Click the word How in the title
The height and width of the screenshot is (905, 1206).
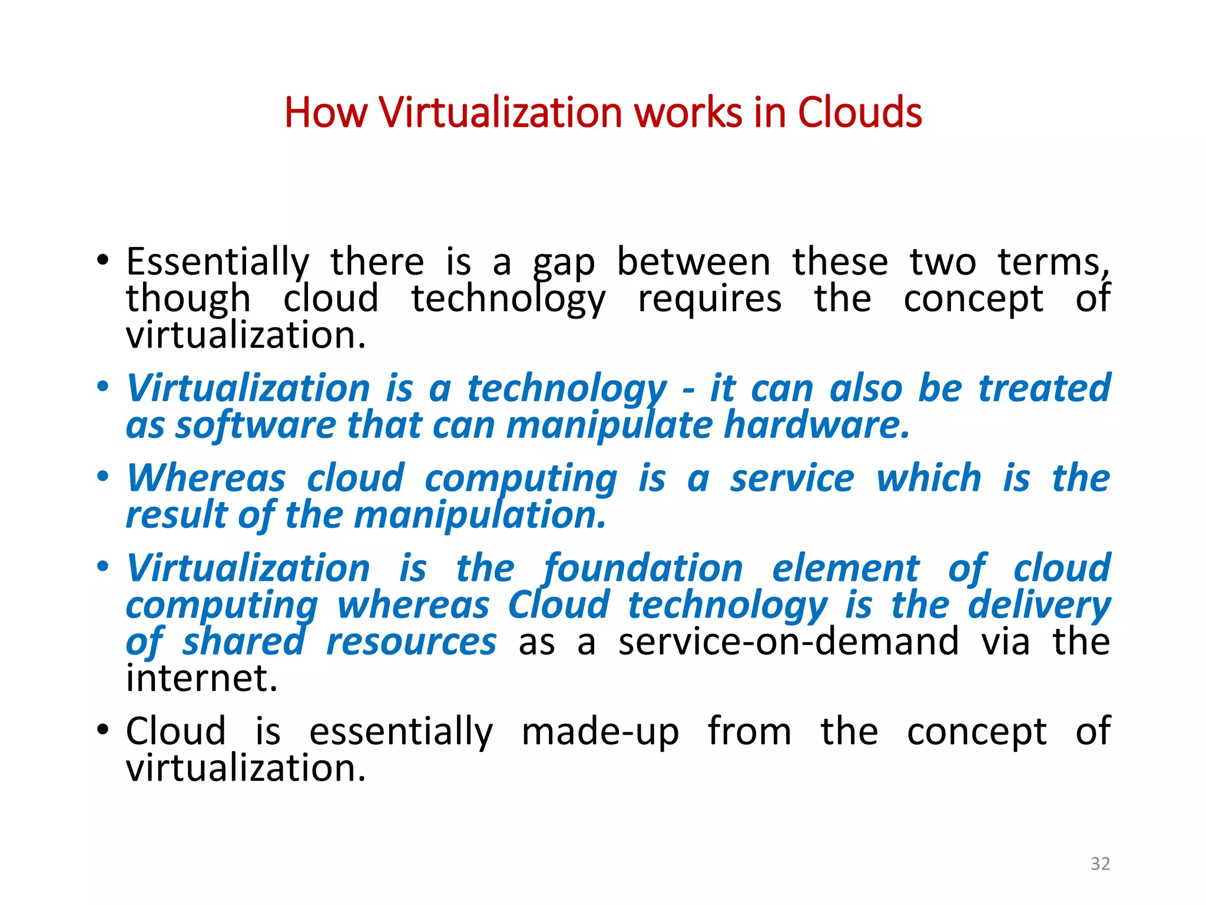[x=325, y=113]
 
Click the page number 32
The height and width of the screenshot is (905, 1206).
[x=1100, y=864]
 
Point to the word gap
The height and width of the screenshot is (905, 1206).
[x=564, y=263]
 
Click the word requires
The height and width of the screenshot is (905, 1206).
[x=710, y=299]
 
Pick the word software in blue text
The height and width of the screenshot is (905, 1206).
[x=256, y=425]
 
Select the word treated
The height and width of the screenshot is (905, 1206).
[x=1044, y=389]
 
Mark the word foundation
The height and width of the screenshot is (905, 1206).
[x=642, y=569]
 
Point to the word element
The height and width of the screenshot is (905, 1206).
[x=845, y=569]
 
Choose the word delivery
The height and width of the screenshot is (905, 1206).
[x=1039, y=606]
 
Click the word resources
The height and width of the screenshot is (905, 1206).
[x=411, y=642]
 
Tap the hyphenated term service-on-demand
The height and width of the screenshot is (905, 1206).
[x=788, y=642]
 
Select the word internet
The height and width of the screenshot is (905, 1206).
[x=201, y=679]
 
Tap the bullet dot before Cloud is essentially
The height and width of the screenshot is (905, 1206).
[x=103, y=731]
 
